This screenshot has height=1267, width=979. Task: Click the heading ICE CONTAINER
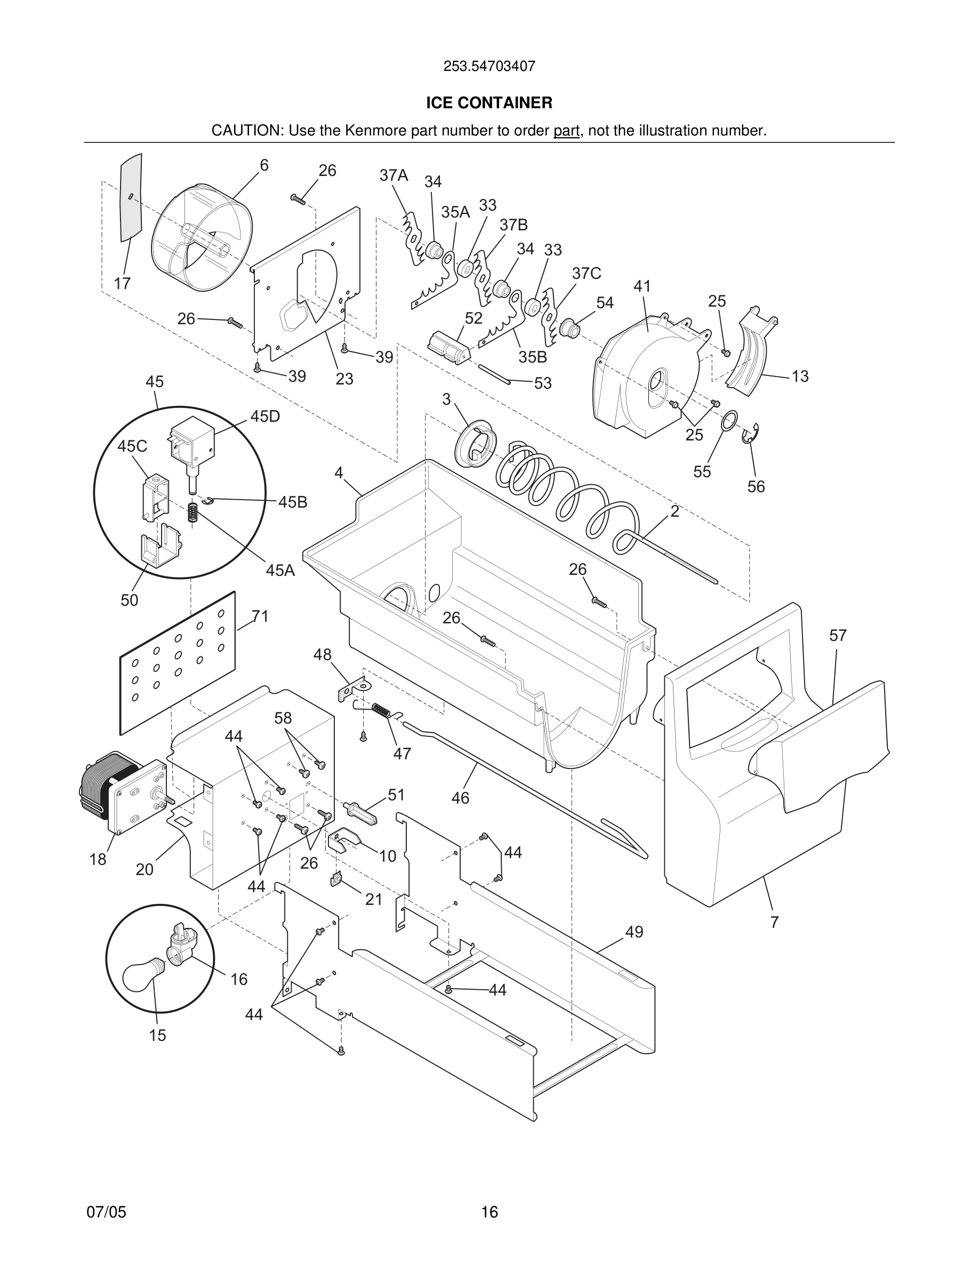(489, 103)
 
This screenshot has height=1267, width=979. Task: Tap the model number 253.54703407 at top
(489, 67)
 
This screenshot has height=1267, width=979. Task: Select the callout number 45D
(265, 416)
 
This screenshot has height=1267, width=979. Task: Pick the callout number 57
(838, 636)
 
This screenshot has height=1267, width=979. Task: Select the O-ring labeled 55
(729, 421)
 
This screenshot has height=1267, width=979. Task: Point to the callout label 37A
(394, 175)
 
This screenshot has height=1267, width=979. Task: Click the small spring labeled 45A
(193, 512)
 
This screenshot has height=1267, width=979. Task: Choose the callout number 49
(634, 932)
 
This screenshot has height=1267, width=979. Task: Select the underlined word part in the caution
(566, 131)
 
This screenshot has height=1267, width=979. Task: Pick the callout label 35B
(532, 357)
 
